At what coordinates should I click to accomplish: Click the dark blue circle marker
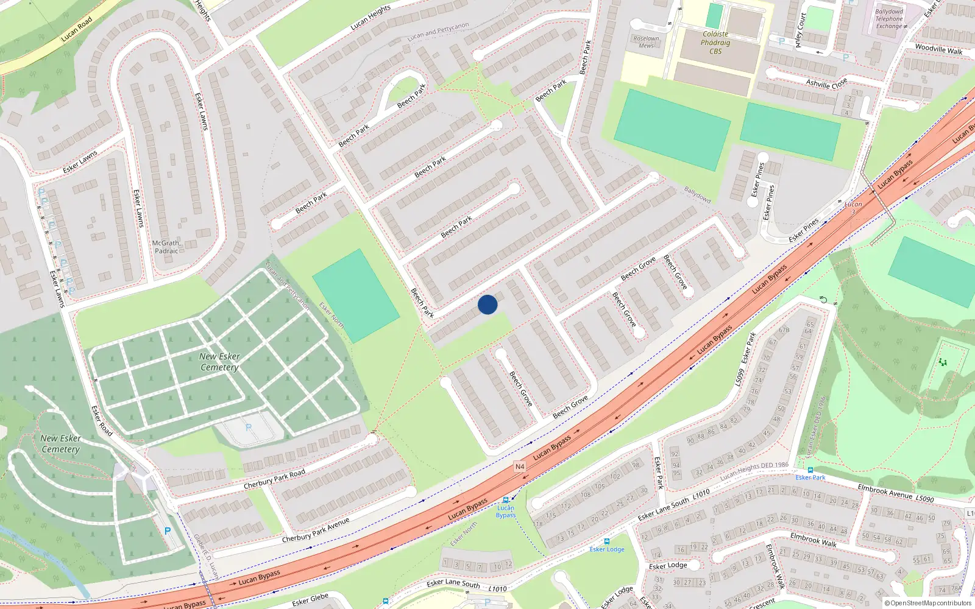coord(487,304)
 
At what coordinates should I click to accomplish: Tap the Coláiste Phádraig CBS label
coord(715,43)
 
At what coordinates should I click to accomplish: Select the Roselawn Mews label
coord(646,42)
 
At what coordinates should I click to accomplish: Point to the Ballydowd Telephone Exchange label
coord(889,19)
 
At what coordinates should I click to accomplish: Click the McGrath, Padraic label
coord(166,247)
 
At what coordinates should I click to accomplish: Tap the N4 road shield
coord(520,466)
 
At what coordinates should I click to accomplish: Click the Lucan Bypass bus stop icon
coord(505,500)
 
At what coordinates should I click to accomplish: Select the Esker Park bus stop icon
coord(810,470)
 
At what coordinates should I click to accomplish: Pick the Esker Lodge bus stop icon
coord(606,541)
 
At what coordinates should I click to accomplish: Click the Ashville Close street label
coord(826,83)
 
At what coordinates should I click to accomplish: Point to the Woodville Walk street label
coord(938,49)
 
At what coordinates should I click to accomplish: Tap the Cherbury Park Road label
coord(274,479)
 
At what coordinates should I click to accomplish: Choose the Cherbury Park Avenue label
coord(315,530)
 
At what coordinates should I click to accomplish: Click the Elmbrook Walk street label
coord(813,540)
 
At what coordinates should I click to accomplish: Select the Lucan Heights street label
coord(370,18)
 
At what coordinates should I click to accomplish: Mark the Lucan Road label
coord(77,29)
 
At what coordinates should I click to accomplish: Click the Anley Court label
coord(800,30)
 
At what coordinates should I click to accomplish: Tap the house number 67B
coord(784,330)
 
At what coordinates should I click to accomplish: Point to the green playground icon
coord(943,362)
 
